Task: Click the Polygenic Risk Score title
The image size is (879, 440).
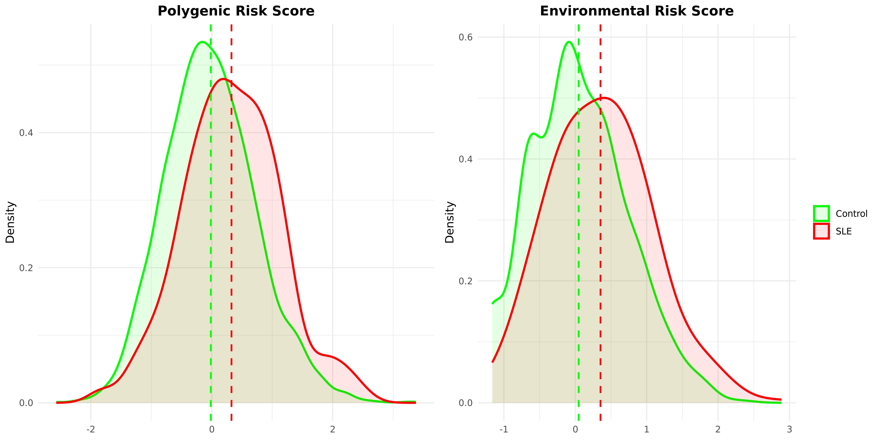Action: [x=236, y=11]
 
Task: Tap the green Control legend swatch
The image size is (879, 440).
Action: [x=821, y=214]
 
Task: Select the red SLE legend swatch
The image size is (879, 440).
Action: [x=821, y=231]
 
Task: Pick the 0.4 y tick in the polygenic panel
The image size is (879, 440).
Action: [x=26, y=133]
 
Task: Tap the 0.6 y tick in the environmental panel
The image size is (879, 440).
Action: [x=465, y=37]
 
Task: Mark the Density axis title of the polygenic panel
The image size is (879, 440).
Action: [x=10, y=222]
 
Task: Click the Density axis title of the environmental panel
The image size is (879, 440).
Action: [x=450, y=222]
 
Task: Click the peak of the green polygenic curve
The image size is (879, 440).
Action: [x=202, y=42]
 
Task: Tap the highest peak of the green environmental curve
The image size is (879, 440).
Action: [x=568, y=42]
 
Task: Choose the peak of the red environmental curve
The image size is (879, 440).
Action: [x=604, y=98]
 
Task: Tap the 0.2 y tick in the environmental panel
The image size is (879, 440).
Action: [x=465, y=281]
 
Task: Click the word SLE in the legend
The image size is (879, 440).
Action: [x=844, y=232]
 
